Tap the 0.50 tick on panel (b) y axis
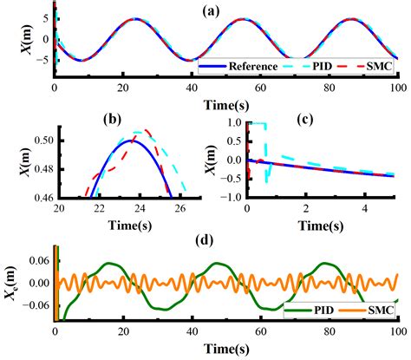pyautogui.click(x=42, y=140)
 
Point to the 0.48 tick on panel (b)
pyautogui.click(x=42, y=169)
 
